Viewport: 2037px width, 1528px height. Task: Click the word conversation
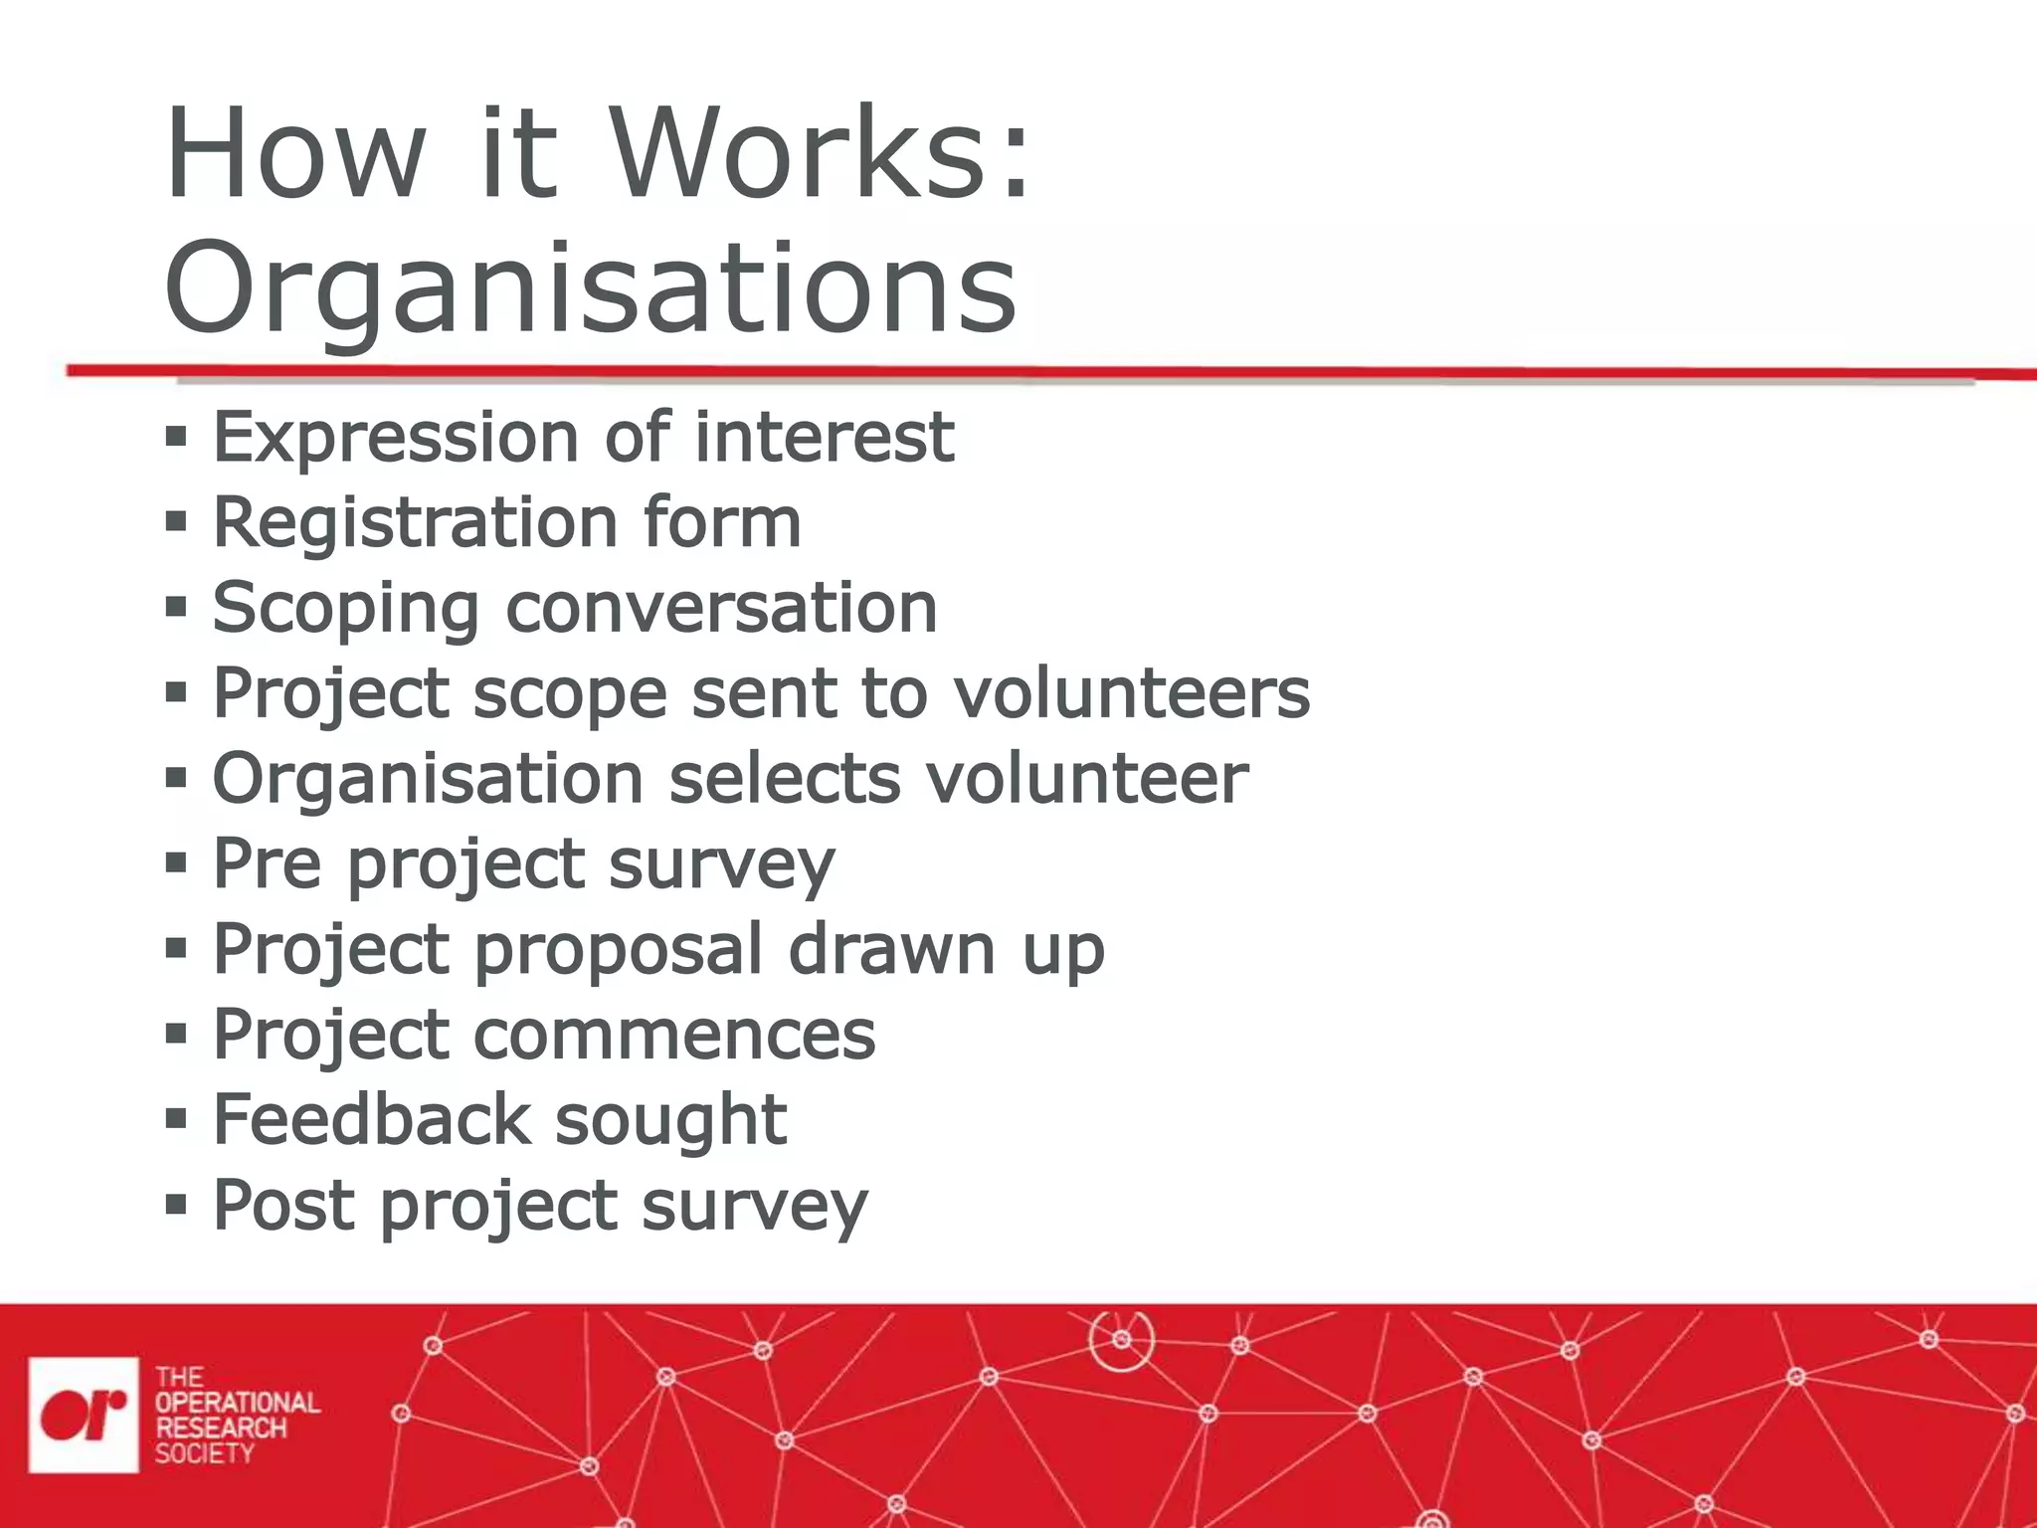point(721,607)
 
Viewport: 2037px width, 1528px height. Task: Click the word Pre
point(267,862)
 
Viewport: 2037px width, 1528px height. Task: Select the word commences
point(674,1035)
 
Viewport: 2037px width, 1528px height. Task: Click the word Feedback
point(371,1119)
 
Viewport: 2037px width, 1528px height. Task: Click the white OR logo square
point(84,1414)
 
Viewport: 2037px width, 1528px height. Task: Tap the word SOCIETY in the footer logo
point(204,1453)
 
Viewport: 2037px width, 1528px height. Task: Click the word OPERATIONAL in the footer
point(238,1403)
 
